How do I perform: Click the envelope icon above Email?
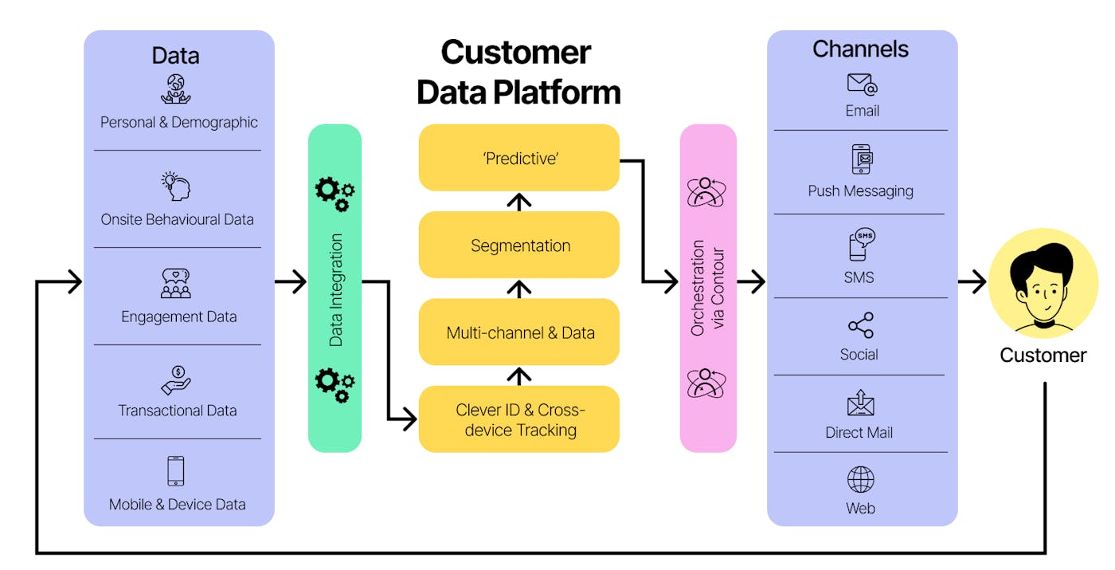pyautogui.click(x=862, y=85)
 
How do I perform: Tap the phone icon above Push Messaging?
pyautogui.click(x=861, y=159)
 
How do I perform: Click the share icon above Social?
pyautogui.click(x=860, y=325)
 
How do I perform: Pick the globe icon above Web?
pyautogui.click(x=860, y=480)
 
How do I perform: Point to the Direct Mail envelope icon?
pyautogui.click(x=860, y=403)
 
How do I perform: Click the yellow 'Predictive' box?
pyautogui.click(x=519, y=158)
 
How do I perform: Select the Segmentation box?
pyautogui.click(x=519, y=245)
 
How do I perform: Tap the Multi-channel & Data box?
pyautogui.click(x=519, y=332)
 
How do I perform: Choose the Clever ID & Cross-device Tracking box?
pyautogui.click(x=519, y=419)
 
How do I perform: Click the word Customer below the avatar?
pyautogui.click(x=1043, y=355)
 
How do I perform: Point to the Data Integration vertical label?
pyautogui.click(x=335, y=289)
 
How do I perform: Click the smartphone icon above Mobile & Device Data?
pyautogui.click(x=176, y=471)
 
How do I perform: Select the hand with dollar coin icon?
pyautogui.click(x=176, y=380)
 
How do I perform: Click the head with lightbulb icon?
pyautogui.click(x=176, y=187)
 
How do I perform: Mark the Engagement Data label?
pyautogui.click(x=178, y=316)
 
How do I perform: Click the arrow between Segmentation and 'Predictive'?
pyautogui.click(x=519, y=201)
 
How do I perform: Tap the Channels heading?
pyautogui.click(x=860, y=49)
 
